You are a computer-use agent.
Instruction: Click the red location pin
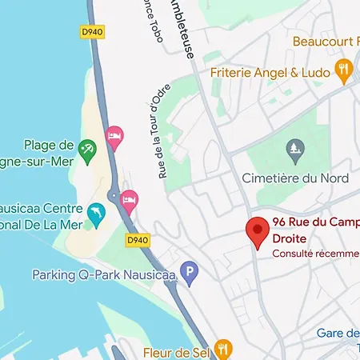pos(257,231)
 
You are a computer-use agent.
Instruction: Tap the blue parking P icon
pos(189,274)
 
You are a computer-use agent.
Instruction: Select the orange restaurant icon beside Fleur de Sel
pos(223,349)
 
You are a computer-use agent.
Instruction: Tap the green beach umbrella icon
pos(87,147)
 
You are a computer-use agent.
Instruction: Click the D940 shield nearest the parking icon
pos(138,239)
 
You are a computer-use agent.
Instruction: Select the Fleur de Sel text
pos(177,350)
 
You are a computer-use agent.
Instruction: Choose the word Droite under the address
pos(290,238)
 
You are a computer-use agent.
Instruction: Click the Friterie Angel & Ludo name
pos(271,72)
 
